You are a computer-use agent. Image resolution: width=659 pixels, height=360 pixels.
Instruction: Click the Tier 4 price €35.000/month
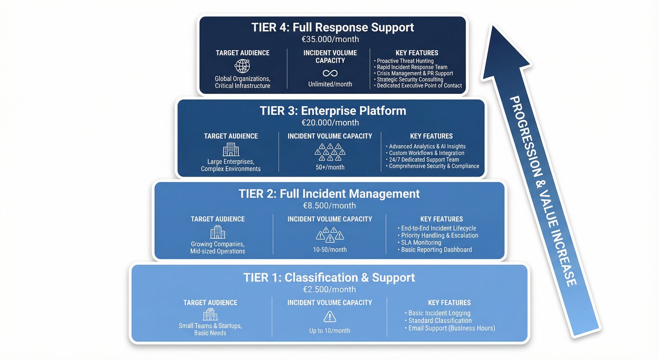click(x=333, y=39)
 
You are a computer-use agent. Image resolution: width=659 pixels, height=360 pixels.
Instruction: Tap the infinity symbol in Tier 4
click(x=329, y=73)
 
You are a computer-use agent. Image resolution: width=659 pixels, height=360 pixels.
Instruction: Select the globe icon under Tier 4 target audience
click(x=242, y=66)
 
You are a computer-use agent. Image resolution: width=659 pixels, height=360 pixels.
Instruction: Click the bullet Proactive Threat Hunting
click(x=405, y=61)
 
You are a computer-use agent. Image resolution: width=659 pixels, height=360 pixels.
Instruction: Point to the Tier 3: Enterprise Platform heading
click(x=333, y=111)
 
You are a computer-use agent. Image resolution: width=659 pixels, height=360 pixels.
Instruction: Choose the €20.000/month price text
click(x=330, y=123)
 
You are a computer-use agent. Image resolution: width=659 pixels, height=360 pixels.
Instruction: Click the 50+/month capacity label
click(x=329, y=167)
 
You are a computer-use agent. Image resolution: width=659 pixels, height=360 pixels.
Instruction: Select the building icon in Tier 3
click(x=231, y=149)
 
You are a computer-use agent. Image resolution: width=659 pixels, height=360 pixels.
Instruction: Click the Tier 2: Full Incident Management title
click(x=329, y=193)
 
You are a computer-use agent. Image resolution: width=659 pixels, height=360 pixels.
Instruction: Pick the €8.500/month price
click(x=329, y=206)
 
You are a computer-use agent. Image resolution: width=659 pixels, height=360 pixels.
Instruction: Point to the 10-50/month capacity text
click(x=329, y=250)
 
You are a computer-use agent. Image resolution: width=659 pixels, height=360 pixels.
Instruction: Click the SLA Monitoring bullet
click(x=421, y=242)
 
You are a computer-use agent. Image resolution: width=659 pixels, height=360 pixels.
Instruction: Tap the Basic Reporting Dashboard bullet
click(x=436, y=250)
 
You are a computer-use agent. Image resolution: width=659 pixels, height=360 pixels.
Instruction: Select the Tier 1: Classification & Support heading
click(x=329, y=278)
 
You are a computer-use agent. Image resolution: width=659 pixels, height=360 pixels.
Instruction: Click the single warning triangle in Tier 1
click(x=329, y=317)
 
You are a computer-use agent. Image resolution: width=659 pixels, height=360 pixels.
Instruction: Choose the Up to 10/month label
click(x=329, y=331)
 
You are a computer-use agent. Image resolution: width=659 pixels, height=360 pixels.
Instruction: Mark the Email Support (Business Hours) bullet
click(x=451, y=328)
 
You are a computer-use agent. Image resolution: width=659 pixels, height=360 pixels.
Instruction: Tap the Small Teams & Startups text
click(x=210, y=326)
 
